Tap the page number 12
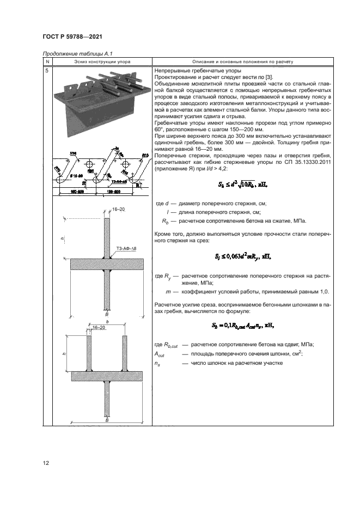click(46, 463)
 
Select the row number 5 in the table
click(47, 71)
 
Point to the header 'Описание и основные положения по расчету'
click(240, 63)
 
